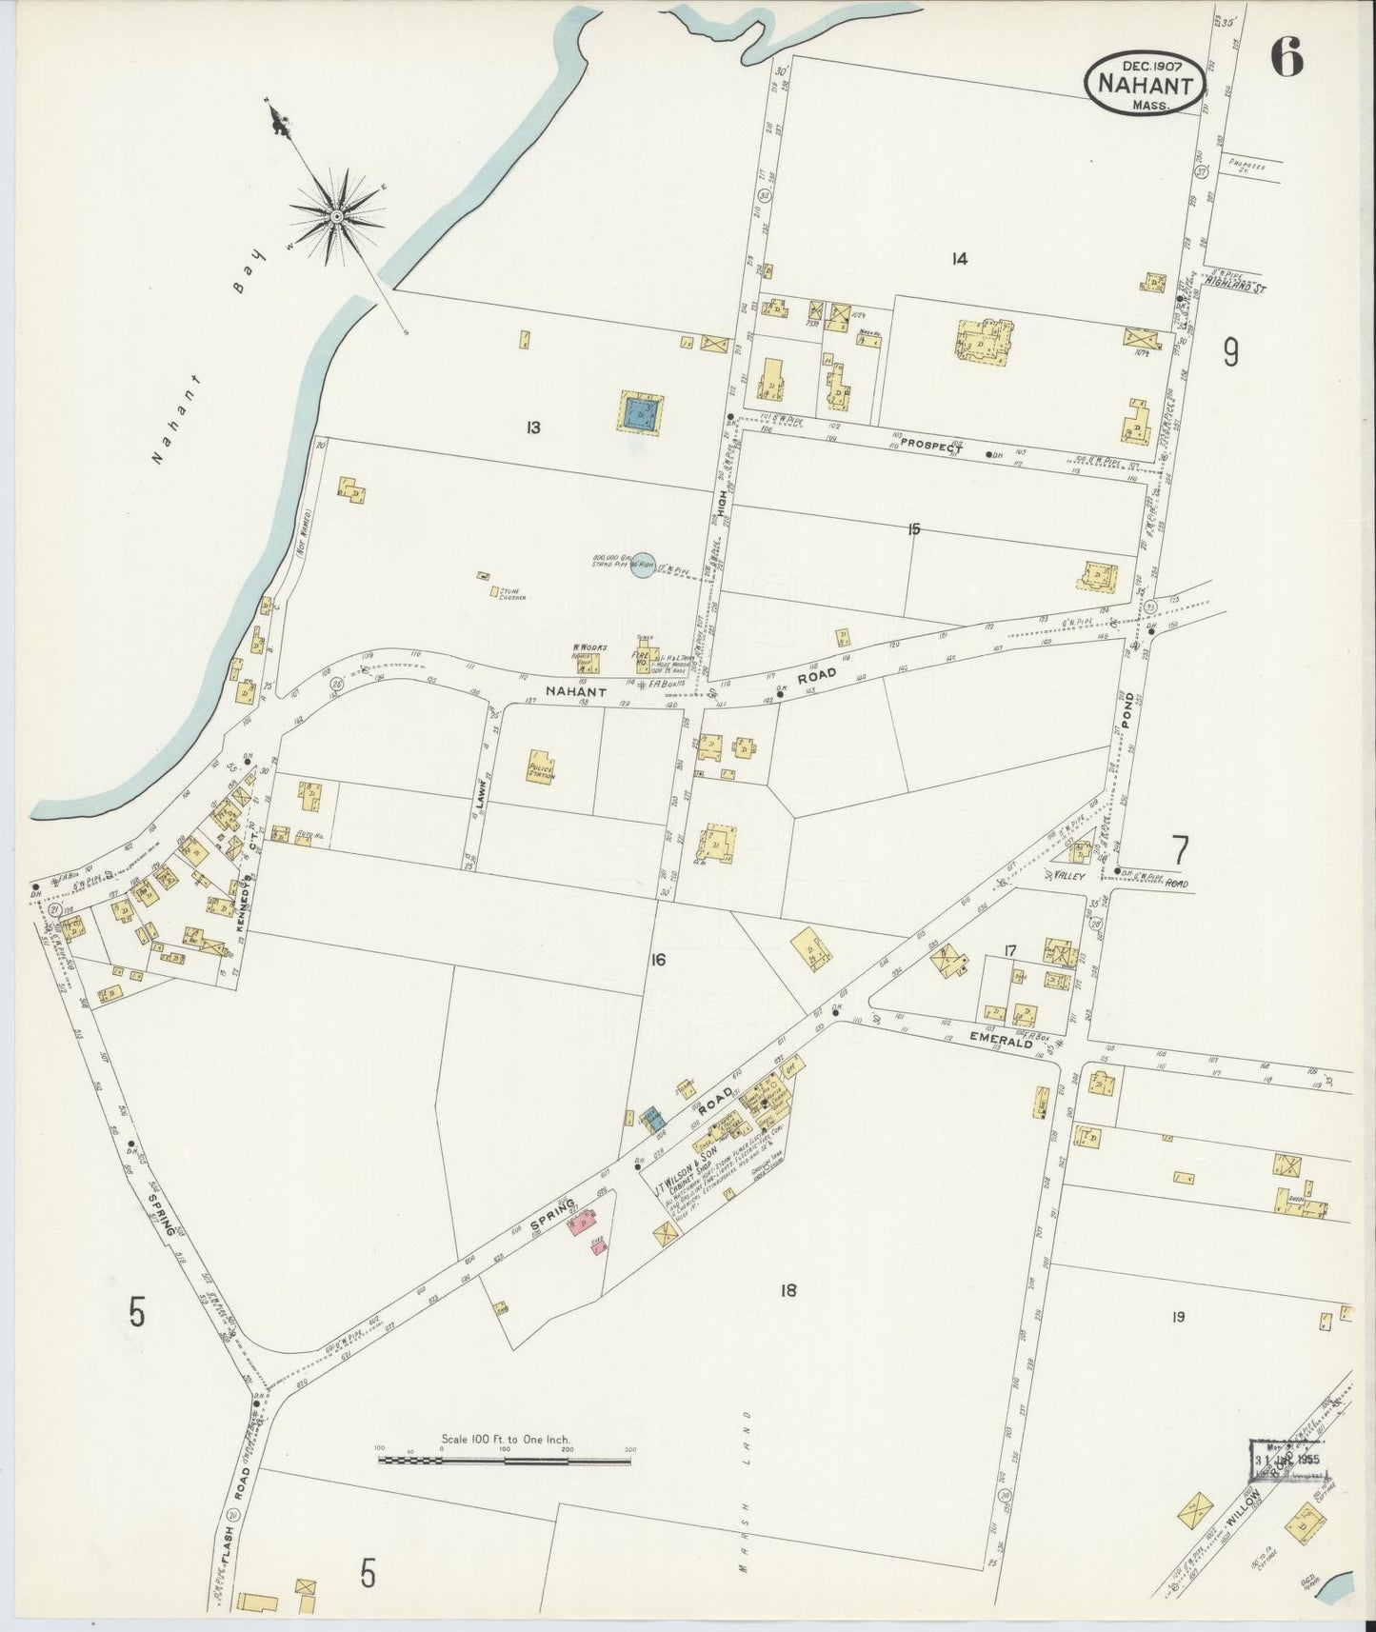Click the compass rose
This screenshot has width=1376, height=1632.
coord(336,218)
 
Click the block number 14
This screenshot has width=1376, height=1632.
coord(959,258)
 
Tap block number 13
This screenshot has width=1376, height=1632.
coord(531,428)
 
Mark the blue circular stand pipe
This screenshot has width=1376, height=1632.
coord(644,566)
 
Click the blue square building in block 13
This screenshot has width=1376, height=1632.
coord(642,412)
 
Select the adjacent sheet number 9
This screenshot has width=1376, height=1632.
coord(1230,354)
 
